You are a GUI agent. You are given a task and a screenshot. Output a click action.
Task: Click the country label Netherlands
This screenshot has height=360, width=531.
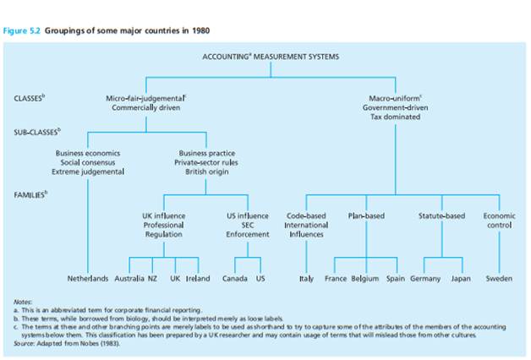click(x=88, y=278)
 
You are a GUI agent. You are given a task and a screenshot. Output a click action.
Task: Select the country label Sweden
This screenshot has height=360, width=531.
click(x=499, y=278)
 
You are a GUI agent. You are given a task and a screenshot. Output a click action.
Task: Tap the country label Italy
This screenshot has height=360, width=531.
click(x=307, y=278)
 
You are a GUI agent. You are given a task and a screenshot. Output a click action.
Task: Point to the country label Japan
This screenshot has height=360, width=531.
click(x=461, y=278)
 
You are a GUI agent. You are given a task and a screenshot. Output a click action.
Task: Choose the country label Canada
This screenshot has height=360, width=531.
click(x=234, y=278)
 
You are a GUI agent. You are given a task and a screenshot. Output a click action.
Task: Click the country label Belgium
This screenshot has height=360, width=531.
click(x=364, y=278)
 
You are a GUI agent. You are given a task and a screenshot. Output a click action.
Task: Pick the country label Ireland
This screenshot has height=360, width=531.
click(x=198, y=278)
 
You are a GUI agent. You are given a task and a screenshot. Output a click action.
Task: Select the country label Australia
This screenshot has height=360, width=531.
click(x=129, y=278)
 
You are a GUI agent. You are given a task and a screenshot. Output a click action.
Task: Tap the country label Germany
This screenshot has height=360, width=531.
click(x=424, y=278)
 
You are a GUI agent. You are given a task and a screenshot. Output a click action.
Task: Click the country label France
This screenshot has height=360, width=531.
click(x=336, y=278)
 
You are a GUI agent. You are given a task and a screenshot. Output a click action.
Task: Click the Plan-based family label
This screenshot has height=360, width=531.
click(x=366, y=215)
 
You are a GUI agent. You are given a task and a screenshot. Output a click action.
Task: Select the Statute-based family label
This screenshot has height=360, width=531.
click(x=441, y=215)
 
